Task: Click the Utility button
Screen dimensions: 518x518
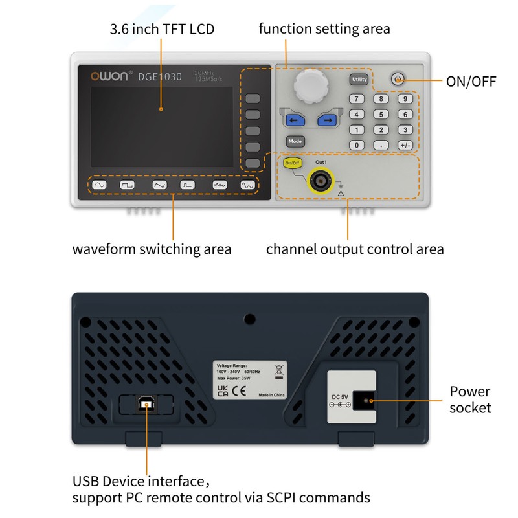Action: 359,80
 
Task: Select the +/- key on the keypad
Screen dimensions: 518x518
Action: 405,145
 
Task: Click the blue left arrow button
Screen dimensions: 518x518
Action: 296,120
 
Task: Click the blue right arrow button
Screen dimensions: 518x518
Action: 328,120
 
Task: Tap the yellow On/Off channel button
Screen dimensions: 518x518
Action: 293,163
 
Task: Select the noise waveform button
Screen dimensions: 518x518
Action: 220,185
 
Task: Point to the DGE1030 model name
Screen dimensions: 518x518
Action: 159,77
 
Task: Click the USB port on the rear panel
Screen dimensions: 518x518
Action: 147,405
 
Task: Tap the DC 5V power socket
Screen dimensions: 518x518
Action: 367,401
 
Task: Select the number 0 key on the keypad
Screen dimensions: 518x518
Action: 355,145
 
